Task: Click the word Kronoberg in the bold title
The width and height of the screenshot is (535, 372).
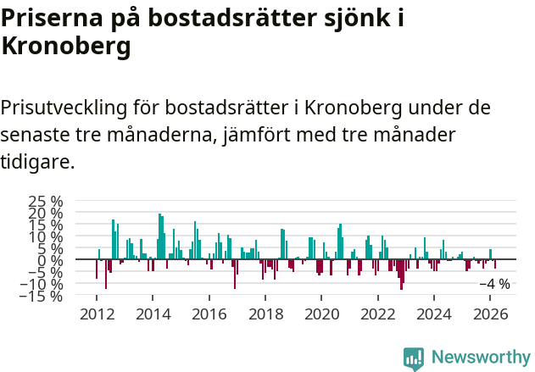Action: (x=66, y=47)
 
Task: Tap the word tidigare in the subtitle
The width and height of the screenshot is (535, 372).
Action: (x=37, y=161)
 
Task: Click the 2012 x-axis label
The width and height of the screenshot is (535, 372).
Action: (x=98, y=314)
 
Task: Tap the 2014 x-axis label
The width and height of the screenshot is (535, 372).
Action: (x=153, y=314)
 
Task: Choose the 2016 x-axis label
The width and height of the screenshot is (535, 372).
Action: (x=209, y=314)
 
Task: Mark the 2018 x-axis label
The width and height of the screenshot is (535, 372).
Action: (x=265, y=314)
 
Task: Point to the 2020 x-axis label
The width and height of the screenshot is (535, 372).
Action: (x=321, y=314)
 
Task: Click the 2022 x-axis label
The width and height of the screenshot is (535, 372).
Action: (x=377, y=314)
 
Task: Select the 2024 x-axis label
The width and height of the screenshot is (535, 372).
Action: (x=433, y=314)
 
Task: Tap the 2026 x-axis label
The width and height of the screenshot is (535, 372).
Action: (x=489, y=314)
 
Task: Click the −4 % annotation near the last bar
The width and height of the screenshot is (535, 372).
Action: (x=494, y=285)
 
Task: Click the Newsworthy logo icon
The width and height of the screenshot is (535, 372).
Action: (x=414, y=358)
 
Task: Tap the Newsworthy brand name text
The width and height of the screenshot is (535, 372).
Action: (x=480, y=358)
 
